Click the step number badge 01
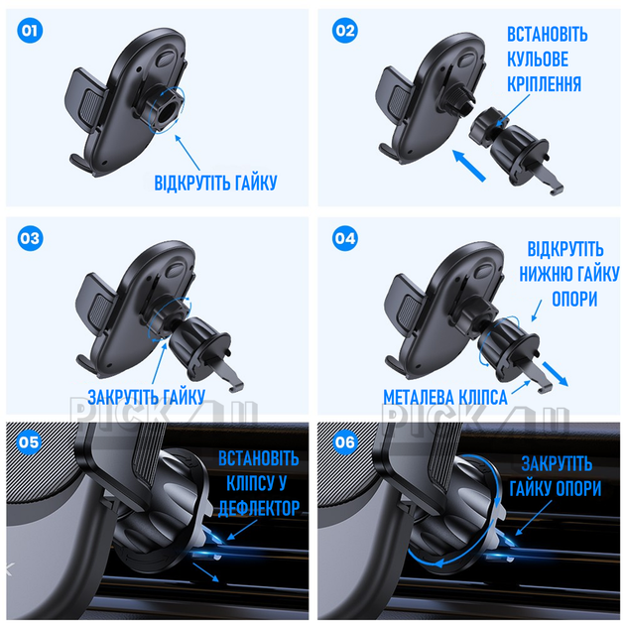pos(30,31)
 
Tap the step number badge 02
pos(345,31)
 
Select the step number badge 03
pos(30,239)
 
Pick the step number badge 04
pos(345,239)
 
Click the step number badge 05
pos(29,442)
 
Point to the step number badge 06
pos(345,442)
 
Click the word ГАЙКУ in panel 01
pos(256,183)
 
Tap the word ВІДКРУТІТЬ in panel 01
pos(192,183)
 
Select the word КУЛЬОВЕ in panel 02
pos(538,60)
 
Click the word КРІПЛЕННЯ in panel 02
pos(545,84)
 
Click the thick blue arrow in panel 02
pos(469,166)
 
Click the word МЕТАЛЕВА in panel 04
pos(419,397)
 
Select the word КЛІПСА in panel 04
pos(483,397)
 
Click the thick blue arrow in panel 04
pos(555,374)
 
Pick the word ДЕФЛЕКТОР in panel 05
pos(259,508)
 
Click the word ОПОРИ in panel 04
pos(574,299)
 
